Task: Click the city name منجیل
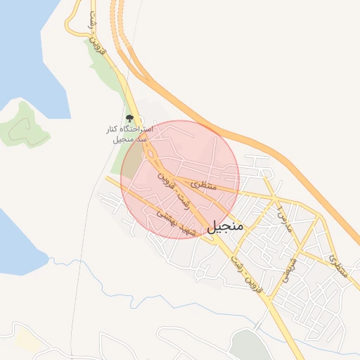pyautogui.click(x=225, y=226)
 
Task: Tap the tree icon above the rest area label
pyautogui.click(x=129, y=119)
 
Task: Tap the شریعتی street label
pyautogui.click(x=289, y=268)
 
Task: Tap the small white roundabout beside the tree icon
pyautogui.click(x=139, y=121)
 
